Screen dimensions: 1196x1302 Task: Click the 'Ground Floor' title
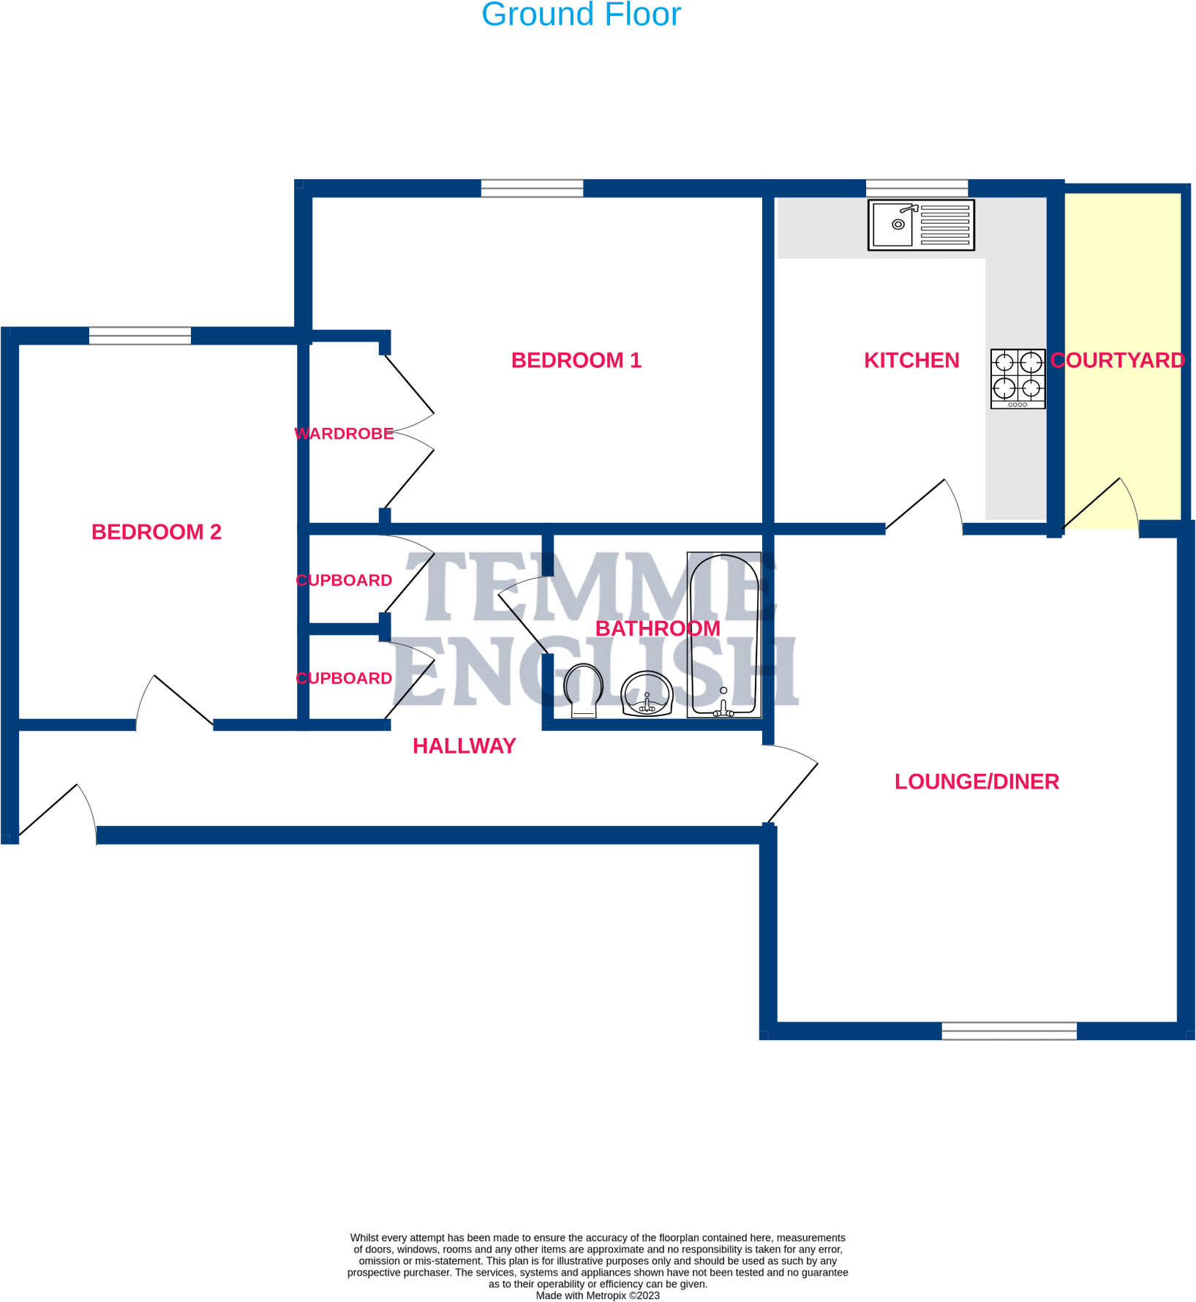(x=581, y=15)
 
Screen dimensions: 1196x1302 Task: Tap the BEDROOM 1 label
(x=576, y=361)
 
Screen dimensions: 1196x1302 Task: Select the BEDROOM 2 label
(x=157, y=532)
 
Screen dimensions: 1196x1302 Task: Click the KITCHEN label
(x=911, y=361)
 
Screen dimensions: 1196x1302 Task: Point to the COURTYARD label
(x=1118, y=361)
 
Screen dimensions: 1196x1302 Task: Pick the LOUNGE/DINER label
(x=977, y=782)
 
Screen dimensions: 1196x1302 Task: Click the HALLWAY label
(x=465, y=746)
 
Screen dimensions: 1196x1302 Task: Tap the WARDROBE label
(x=344, y=434)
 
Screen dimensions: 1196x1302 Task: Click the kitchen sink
(x=921, y=225)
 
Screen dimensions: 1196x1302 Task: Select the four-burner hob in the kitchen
(x=1018, y=379)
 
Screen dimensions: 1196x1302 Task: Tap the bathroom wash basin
(x=647, y=693)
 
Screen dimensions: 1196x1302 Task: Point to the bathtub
(x=724, y=635)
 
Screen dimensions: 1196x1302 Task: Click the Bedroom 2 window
(x=140, y=336)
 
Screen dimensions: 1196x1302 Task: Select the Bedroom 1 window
(x=532, y=188)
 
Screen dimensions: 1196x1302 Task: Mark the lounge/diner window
(x=1009, y=1031)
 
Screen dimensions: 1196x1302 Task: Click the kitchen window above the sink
(x=917, y=188)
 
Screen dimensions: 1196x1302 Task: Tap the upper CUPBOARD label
(x=344, y=580)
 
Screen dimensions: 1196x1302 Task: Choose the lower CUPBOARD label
(x=344, y=678)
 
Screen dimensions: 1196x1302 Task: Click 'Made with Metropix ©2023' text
(x=598, y=1295)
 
